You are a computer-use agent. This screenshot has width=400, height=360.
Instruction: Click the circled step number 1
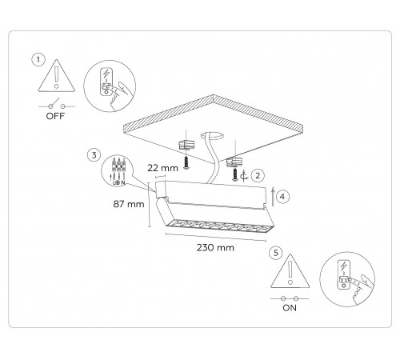(x=38, y=60)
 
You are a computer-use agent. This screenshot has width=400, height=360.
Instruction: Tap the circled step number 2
(x=258, y=176)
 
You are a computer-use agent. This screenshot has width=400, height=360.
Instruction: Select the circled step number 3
(x=94, y=155)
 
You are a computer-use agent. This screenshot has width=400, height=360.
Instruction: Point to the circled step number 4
(x=282, y=197)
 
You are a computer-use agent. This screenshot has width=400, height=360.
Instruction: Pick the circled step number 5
(x=276, y=253)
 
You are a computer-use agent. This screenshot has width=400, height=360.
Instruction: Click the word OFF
(x=55, y=116)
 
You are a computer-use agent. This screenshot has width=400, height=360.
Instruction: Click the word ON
(x=290, y=308)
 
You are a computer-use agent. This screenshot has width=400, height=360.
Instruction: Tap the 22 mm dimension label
(x=162, y=168)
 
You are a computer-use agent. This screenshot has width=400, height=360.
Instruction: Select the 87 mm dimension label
(x=129, y=204)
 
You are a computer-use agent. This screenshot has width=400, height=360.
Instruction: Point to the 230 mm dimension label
(x=215, y=248)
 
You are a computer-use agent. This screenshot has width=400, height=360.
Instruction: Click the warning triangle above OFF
(x=57, y=76)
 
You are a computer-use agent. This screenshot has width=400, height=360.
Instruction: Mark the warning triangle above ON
(x=290, y=271)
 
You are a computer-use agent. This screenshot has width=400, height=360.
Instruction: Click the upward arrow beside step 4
(x=273, y=197)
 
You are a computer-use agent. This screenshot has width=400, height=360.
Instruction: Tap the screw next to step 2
(x=235, y=174)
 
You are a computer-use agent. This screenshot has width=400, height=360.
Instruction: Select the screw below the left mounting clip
(x=186, y=162)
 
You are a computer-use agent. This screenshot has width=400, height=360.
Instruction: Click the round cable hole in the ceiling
(x=212, y=136)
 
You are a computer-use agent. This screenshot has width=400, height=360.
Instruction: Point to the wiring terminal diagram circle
(x=117, y=170)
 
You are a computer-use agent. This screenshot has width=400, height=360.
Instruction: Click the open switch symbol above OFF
(x=57, y=105)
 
